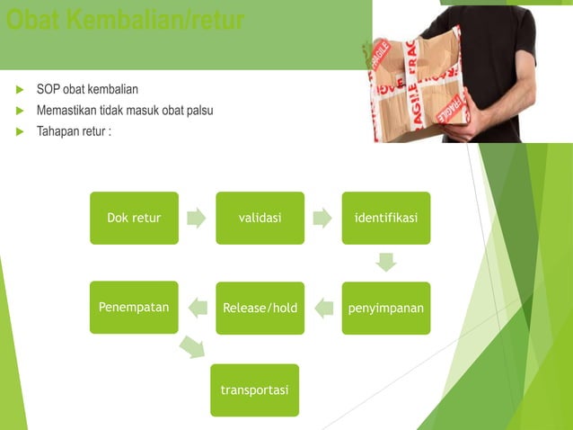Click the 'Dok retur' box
pyautogui.click(x=134, y=218)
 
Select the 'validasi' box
pyautogui.click(x=260, y=218)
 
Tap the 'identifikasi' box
pyautogui.click(x=385, y=218)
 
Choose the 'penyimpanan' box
pyautogui.click(x=385, y=308)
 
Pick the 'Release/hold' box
pyautogui.click(x=260, y=308)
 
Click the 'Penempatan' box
pyautogui.click(x=134, y=307)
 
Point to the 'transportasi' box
pyautogui.click(x=254, y=390)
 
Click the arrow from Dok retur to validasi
pyautogui.click(x=197, y=218)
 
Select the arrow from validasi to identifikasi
pyautogui.click(x=322, y=218)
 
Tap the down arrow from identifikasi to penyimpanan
pyautogui.click(x=386, y=263)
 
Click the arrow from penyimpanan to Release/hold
pyautogui.click(x=322, y=308)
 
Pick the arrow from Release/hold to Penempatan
pyautogui.click(x=197, y=308)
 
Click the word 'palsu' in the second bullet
pyautogui.click(x=198, y=111)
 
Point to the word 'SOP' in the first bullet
pyautogui.click(x=48, y=90)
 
